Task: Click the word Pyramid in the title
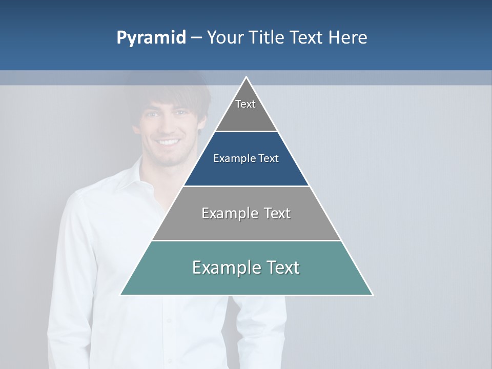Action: click(151, 38)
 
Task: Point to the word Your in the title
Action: click(225, 37)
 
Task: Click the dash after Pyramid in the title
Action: click(196, 38)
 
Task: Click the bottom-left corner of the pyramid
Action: click(121, 295)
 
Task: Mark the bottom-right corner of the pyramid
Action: click(372, 295)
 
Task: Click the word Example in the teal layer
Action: click(224, 268)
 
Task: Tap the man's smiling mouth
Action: click(168, 142)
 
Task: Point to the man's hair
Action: click(169, 92)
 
